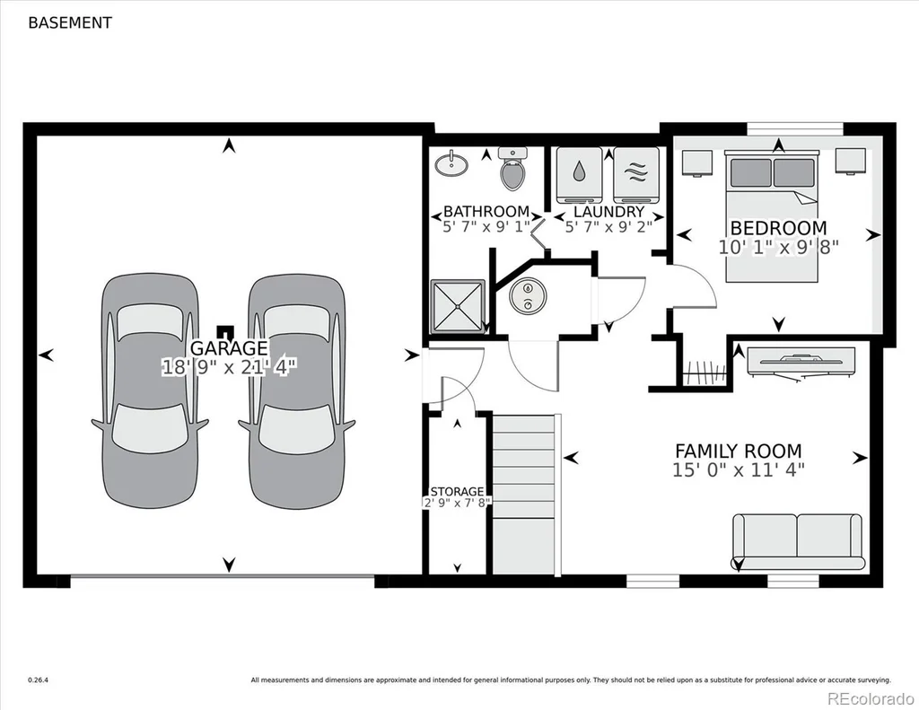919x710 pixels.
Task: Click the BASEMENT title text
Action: [70, 22]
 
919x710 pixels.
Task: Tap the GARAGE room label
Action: [229, 347]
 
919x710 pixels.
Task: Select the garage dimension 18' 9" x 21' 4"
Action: [230, 368]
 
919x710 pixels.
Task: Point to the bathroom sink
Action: [451, 163]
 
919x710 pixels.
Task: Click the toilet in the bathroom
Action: [512, 169]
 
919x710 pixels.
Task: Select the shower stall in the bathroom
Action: [458, 306]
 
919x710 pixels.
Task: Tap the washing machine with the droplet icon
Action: [579, 174]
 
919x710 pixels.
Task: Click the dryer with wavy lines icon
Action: [636, 174]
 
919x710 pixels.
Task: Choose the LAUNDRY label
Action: [609, 212]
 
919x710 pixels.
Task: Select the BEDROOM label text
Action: [778, 227]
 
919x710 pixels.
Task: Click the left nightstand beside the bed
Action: [696, 163]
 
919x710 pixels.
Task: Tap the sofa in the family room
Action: [798, 542]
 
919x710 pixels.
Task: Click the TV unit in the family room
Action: [801, 364]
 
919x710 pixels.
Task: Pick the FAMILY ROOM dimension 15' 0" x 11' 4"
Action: [739, 470]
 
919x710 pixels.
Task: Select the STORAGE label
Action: [457, 491]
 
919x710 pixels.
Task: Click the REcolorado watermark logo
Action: [871, 698]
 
